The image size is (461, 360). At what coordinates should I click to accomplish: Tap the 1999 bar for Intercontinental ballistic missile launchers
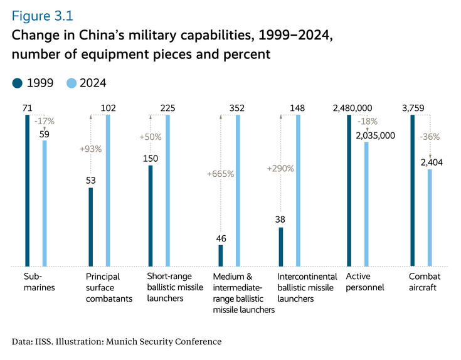[x=281, y=247]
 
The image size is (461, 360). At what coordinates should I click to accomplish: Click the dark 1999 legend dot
[x=17, y=83]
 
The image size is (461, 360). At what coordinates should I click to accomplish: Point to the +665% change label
[x=220, y=174]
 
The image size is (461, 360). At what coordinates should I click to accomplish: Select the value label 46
[x=221, y=238]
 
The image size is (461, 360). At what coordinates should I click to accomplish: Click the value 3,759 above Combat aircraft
[x=412, y=109]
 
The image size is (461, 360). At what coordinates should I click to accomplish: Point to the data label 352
[x=237, y=109]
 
